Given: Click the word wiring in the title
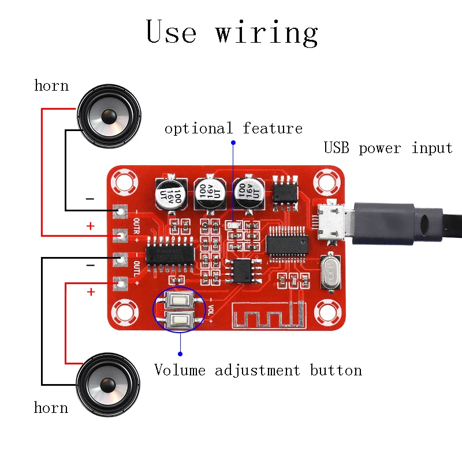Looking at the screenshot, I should (267, 32).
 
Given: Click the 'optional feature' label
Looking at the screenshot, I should (233, 128).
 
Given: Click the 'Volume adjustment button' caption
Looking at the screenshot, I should (258, 370).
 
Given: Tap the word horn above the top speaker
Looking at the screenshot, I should (51, 86).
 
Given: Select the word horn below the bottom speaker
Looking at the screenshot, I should (51, 408).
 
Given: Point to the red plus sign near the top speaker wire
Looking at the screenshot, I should (90, 226).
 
